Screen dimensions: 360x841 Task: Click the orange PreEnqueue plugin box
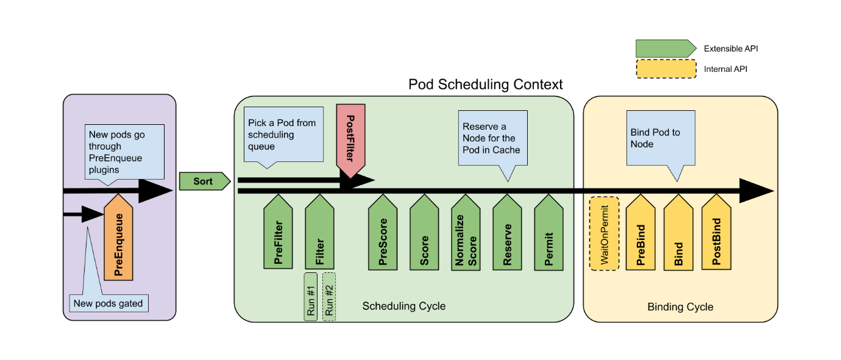click(x=118, y=240)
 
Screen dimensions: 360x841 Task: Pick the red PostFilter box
click(x=350, y=139)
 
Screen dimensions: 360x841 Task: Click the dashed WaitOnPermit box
click(x=604, y=233)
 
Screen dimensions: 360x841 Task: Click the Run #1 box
click(x=311, y=296)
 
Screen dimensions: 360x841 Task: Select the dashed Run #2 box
click(x=329, y=296)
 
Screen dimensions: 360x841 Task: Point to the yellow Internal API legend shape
click(x=665, y=69)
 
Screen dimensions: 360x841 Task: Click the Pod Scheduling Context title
click(x=485, y=84)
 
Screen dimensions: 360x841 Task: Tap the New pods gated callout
click(x=108, y=303)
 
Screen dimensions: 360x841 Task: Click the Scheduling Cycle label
click(x=403, y=306)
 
